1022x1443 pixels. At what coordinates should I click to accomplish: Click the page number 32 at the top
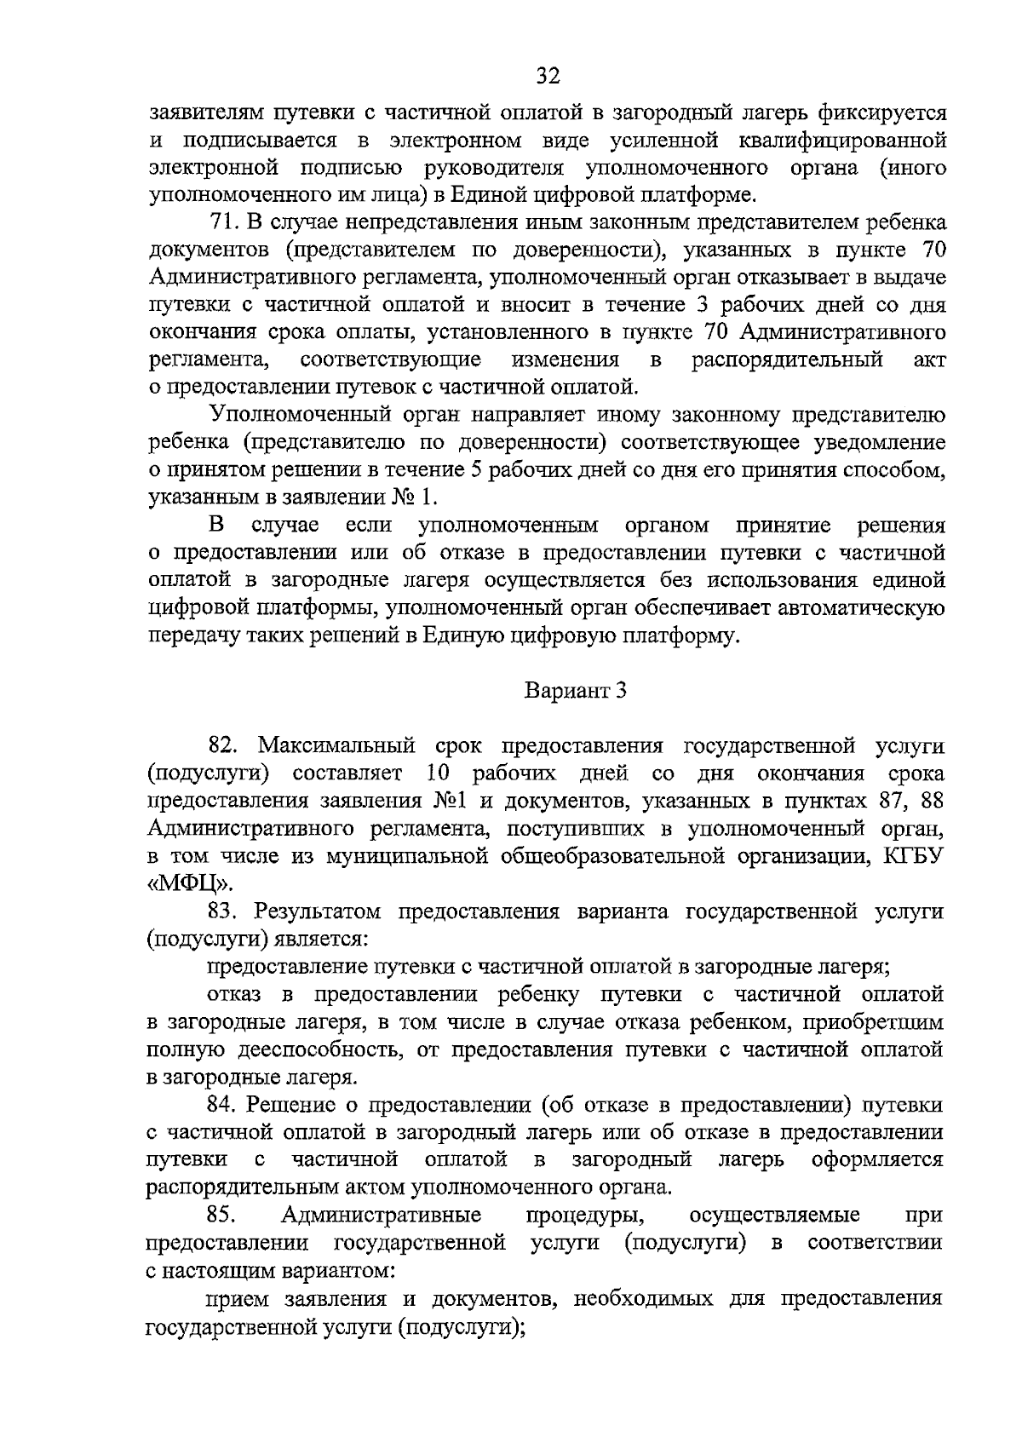(548, 77)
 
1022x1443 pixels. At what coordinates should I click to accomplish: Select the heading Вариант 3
(575, 690)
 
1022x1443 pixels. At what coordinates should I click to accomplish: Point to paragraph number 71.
(222, 222)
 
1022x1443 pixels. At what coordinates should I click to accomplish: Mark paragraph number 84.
(222, 1105)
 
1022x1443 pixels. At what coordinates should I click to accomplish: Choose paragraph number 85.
(222, 1214)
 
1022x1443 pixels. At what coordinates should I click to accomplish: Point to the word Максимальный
(336, 745)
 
